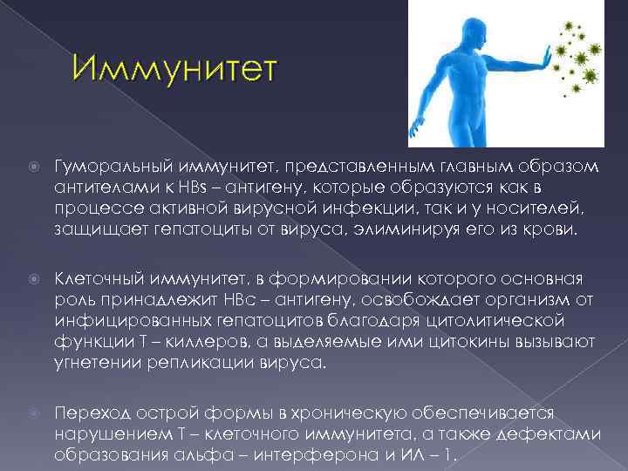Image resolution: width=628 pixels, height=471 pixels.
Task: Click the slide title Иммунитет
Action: point(174,70)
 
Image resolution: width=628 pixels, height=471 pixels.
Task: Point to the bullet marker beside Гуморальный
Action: point(32,167)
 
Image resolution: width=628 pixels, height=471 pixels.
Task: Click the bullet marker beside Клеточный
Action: point(32,279)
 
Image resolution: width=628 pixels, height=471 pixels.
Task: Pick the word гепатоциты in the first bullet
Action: point(166,229)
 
